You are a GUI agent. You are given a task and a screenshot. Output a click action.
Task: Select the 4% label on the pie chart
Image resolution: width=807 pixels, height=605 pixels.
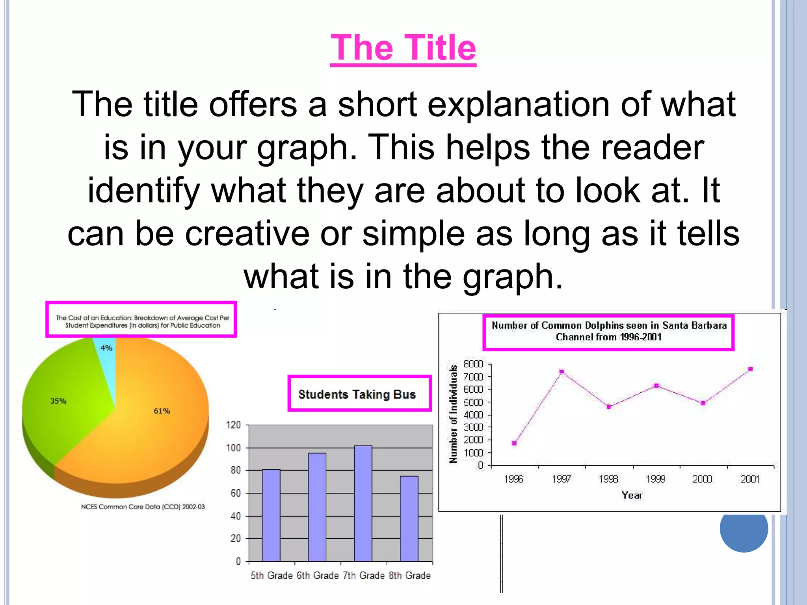pyautogui.click(x=106, y=348)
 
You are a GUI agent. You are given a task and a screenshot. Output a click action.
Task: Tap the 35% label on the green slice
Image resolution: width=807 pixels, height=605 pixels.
pyautogui.click(x=58, y=401)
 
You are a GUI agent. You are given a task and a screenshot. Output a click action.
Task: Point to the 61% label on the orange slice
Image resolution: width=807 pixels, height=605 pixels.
pyautogui.click(x=162, y=411)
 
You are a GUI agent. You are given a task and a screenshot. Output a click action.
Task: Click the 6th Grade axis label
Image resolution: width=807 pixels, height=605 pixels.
pyautogui.click(x=318, y=575)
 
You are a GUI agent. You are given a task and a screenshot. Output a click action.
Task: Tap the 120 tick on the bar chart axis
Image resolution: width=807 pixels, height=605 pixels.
pyautogui.click(x=233, y=425)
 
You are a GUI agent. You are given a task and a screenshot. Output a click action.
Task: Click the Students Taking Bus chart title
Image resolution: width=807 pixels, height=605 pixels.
pyautogui.click(x=357, y=394)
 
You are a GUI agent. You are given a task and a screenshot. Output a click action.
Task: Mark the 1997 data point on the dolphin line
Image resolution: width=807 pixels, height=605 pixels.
pyautogui.click(x=562, y=371)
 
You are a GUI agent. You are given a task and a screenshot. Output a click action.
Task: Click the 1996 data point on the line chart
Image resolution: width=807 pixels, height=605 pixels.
pyautogui.click(x=514, y=443)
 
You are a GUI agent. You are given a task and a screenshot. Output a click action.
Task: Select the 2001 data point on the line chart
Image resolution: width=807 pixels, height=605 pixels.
pyautogui.click(x=751, y=369)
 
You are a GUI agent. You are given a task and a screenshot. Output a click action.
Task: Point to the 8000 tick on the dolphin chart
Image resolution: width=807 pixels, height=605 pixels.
pyautogui.click(x=473, y=364)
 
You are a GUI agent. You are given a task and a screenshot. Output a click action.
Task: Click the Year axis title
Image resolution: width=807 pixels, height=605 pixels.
pyautogui.click(x=632, y=495)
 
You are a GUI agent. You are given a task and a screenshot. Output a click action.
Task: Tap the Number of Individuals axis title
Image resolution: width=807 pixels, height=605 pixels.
pyautogui.click(x=454, y=414)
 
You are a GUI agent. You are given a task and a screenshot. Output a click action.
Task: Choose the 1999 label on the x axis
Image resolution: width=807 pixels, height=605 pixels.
pyautogui.click(x=656, y=479)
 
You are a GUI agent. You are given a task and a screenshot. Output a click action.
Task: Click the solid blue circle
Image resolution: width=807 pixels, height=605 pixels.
pyautogui.click(x=744, y=528)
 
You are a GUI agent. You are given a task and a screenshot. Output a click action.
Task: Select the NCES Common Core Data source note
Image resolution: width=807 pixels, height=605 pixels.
pyautogui.click(x=143, y=507)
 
